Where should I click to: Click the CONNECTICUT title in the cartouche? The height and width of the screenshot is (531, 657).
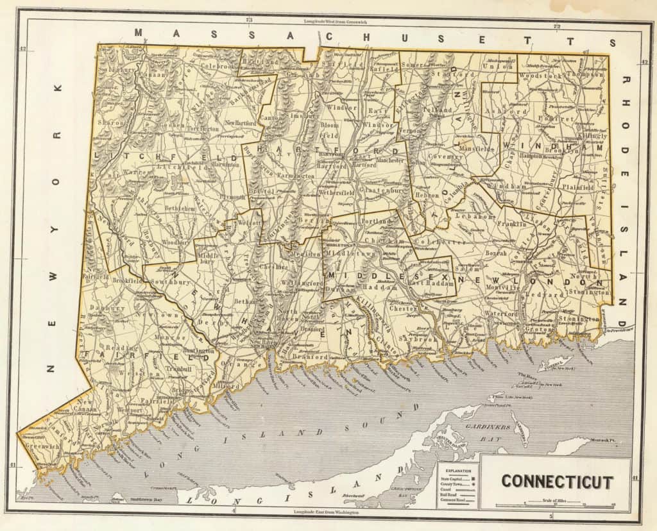click(557, 482)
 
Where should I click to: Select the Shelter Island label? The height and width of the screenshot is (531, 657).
click(455, 442)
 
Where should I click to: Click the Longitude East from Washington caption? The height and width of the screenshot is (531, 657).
click(325, 512)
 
